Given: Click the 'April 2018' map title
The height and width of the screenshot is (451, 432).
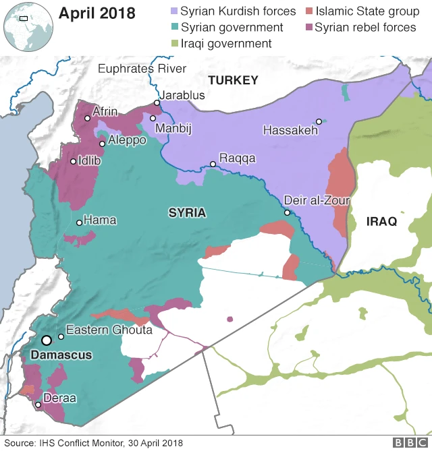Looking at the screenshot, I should pyautogui.click(x=97, y=13).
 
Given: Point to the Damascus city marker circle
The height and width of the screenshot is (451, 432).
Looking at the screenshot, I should pyautogui.click(x=47, y=340).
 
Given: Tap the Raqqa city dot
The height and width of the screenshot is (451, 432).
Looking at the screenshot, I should pyautogui.click(x=213, y=164).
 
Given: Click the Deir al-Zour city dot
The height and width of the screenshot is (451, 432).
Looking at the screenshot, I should pyautogui.click(x=287, y=212).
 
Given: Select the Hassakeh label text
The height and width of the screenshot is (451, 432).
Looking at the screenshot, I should pyautogui.click(x=290, y=131).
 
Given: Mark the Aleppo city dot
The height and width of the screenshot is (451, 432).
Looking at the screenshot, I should pyautogui.click(x=102, y=144).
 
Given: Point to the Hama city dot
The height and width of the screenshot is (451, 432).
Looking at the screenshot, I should pyautogui.click(x=79, y=222).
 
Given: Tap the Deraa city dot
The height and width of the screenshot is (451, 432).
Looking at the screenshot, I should pyautogui.click(x=38, y=404).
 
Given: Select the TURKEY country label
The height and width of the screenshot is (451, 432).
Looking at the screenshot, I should pyautogui.click(x=233, y=80).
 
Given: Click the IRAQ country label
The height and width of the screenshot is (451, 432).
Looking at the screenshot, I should pyautogui.click(x=381, y=221).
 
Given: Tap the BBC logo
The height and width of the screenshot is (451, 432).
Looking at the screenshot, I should pyautogui.click(x=406, y=442).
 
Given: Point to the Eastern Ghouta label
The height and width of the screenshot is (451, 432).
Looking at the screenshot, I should pyautogui.click(x=109, y=330).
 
